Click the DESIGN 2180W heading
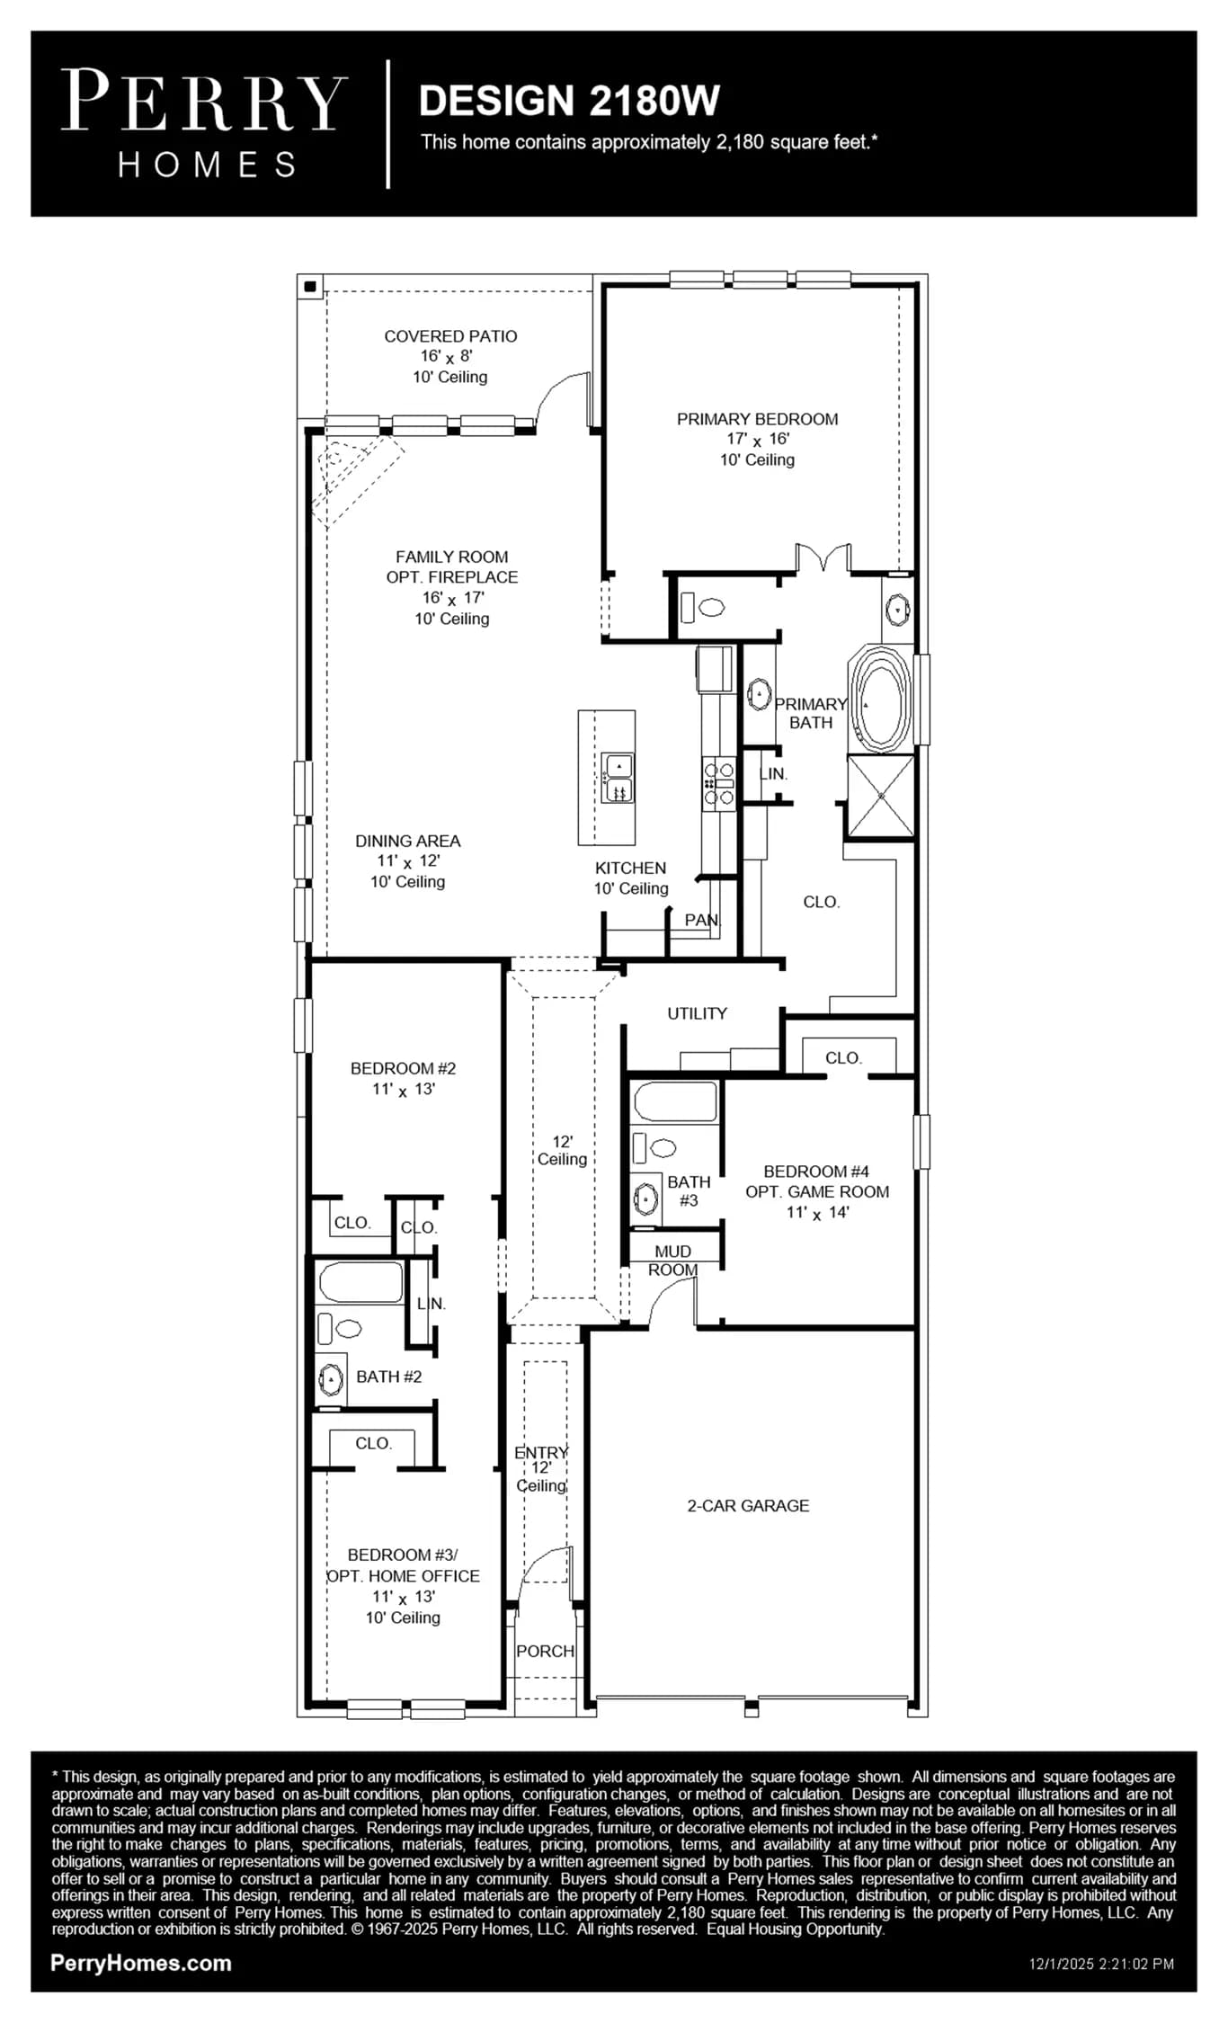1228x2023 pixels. tap(569, 101)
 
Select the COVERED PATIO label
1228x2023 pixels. tap(450, 336)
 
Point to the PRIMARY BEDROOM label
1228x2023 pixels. tap(757, 419)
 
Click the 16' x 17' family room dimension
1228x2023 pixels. tap(452, 598)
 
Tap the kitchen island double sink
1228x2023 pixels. tap(618, 778)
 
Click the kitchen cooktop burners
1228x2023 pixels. tap(719, 783)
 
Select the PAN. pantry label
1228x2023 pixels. tap(702, 920)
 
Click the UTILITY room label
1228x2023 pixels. tap(697, 1013)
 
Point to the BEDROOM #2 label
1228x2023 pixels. tap(403, 1068)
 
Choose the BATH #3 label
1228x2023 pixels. tap(689, 1191)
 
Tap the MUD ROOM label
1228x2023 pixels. tap(672, 1261)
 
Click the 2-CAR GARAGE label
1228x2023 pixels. tap(748, 1505)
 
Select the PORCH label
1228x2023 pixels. tap(545, 1651)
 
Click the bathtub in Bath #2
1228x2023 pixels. tap(360, 1282)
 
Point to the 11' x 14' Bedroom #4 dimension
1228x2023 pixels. tap(817, 1213)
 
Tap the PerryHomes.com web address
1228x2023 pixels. tap(141, 1964)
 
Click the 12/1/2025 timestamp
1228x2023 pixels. tap(1101, 1965)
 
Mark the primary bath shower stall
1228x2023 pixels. tap(881, 797)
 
